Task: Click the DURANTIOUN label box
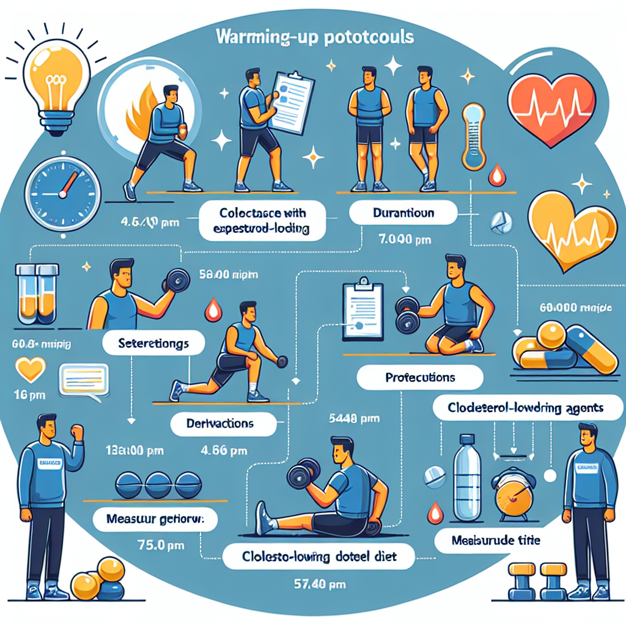click(x=403, y=214)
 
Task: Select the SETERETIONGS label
click(x=153, y=344)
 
